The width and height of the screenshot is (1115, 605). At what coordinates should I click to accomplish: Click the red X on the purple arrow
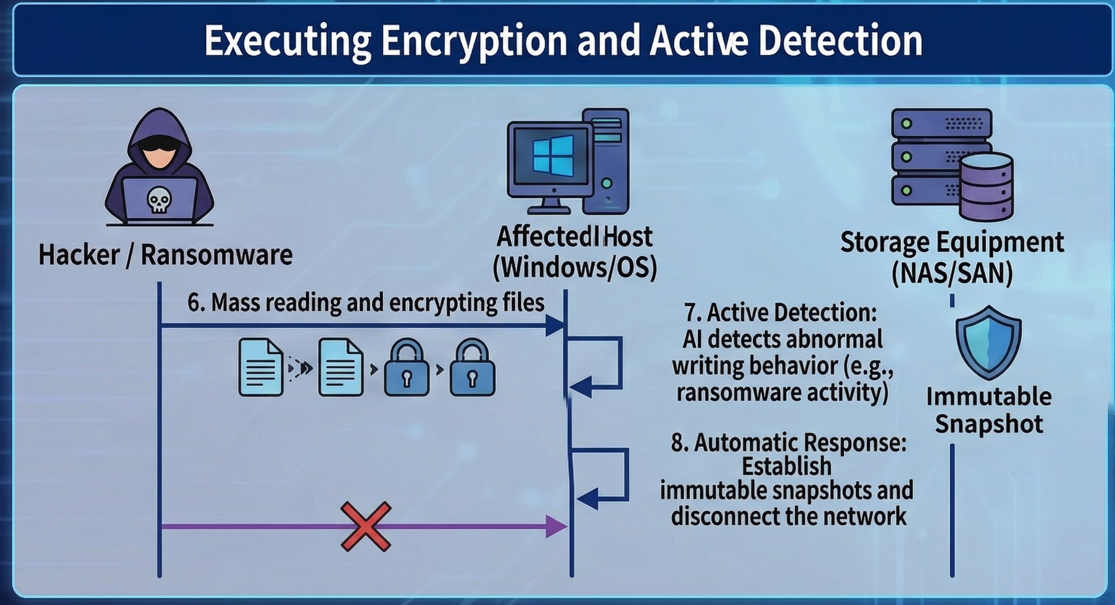(x=366, y=527)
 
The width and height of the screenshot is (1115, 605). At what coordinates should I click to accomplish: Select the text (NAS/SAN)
(x=952, y=273)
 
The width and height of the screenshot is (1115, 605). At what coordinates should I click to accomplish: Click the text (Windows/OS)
(x=574, y=268)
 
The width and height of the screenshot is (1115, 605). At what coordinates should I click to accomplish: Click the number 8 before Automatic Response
(x=677, y=443)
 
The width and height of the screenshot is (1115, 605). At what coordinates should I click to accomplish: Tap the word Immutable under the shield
(x=989, y=397)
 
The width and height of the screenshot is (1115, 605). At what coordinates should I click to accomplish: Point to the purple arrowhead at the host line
(x=556, y=527)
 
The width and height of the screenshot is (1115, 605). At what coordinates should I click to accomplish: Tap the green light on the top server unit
(x=906, y=123)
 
